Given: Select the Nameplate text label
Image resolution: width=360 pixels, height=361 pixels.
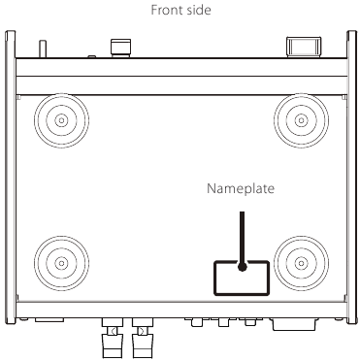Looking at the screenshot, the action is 241,188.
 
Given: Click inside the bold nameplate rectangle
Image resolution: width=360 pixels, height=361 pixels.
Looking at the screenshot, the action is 226,281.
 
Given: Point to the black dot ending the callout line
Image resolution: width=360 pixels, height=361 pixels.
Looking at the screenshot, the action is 242,267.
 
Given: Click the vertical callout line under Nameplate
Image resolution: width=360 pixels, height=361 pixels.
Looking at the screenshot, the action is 242,238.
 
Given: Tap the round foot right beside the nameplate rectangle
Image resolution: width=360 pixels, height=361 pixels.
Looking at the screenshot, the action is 301,263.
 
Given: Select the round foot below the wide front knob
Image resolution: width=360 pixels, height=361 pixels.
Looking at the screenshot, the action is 301,120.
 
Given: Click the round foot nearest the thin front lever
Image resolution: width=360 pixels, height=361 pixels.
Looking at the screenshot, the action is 61,120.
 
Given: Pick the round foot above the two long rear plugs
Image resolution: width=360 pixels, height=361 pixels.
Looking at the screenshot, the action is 61,263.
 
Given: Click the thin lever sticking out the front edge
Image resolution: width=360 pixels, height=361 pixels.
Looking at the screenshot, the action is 43,49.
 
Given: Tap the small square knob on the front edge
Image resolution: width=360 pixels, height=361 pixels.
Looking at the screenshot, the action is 120,49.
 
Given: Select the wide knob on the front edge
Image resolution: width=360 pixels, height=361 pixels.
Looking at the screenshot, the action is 304,48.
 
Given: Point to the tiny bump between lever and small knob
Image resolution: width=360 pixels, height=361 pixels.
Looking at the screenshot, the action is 92,57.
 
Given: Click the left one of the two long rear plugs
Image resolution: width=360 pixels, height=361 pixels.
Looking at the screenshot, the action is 113,338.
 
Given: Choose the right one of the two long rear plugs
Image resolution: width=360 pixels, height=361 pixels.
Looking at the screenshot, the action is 143,338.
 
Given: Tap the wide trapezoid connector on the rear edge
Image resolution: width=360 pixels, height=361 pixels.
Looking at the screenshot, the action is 294,324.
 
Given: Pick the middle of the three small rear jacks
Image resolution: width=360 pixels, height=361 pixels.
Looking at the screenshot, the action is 223,322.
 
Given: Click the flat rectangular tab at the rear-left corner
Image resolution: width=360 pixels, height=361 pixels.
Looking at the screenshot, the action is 49,320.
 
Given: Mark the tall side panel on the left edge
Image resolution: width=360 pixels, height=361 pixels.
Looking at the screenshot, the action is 11,177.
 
